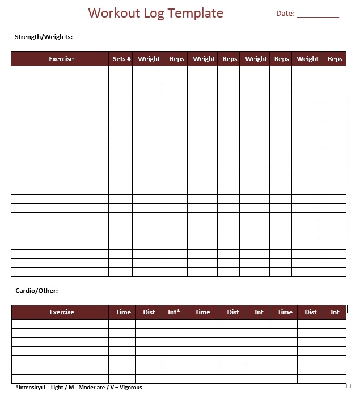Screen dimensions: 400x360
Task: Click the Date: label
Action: pyautogui.click(x=285, y=14)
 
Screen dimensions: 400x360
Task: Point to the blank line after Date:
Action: pyautogui.click(x=317, y=15)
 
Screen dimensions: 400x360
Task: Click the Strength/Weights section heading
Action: pyautogui.click(x=44, y=37)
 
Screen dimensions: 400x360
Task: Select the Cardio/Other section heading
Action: pyautogui.click(x=37, y=291)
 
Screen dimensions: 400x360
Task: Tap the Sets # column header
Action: pyautogui.click(x=122, y=59)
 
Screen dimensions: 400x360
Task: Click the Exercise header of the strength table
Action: pyautogui.click(x=61, y=59)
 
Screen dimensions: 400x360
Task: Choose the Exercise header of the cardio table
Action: pyautogui.click(x=62, y=312)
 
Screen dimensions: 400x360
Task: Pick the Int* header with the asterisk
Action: pyautogui.click(x=174, y=312)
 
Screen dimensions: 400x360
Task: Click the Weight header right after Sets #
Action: pyautogui.click(x=149, y=59)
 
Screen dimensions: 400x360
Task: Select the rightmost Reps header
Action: pyautogui.click(x=335, y=59)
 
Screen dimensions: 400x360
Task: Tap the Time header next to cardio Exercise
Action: pyautogui.click(x=123, y=312)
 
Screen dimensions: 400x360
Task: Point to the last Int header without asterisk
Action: pyautogui.click(x=335, y=312)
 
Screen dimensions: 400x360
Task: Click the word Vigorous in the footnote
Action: pyautogui.click(x=130, y=388)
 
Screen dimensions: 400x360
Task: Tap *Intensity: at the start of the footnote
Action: pyautogui.click(x=29, y=388)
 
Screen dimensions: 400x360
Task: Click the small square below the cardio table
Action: pyautogui.click(x=349, y=386)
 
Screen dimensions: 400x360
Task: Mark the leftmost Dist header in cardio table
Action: pyautogui.click(x=149, y=312)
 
